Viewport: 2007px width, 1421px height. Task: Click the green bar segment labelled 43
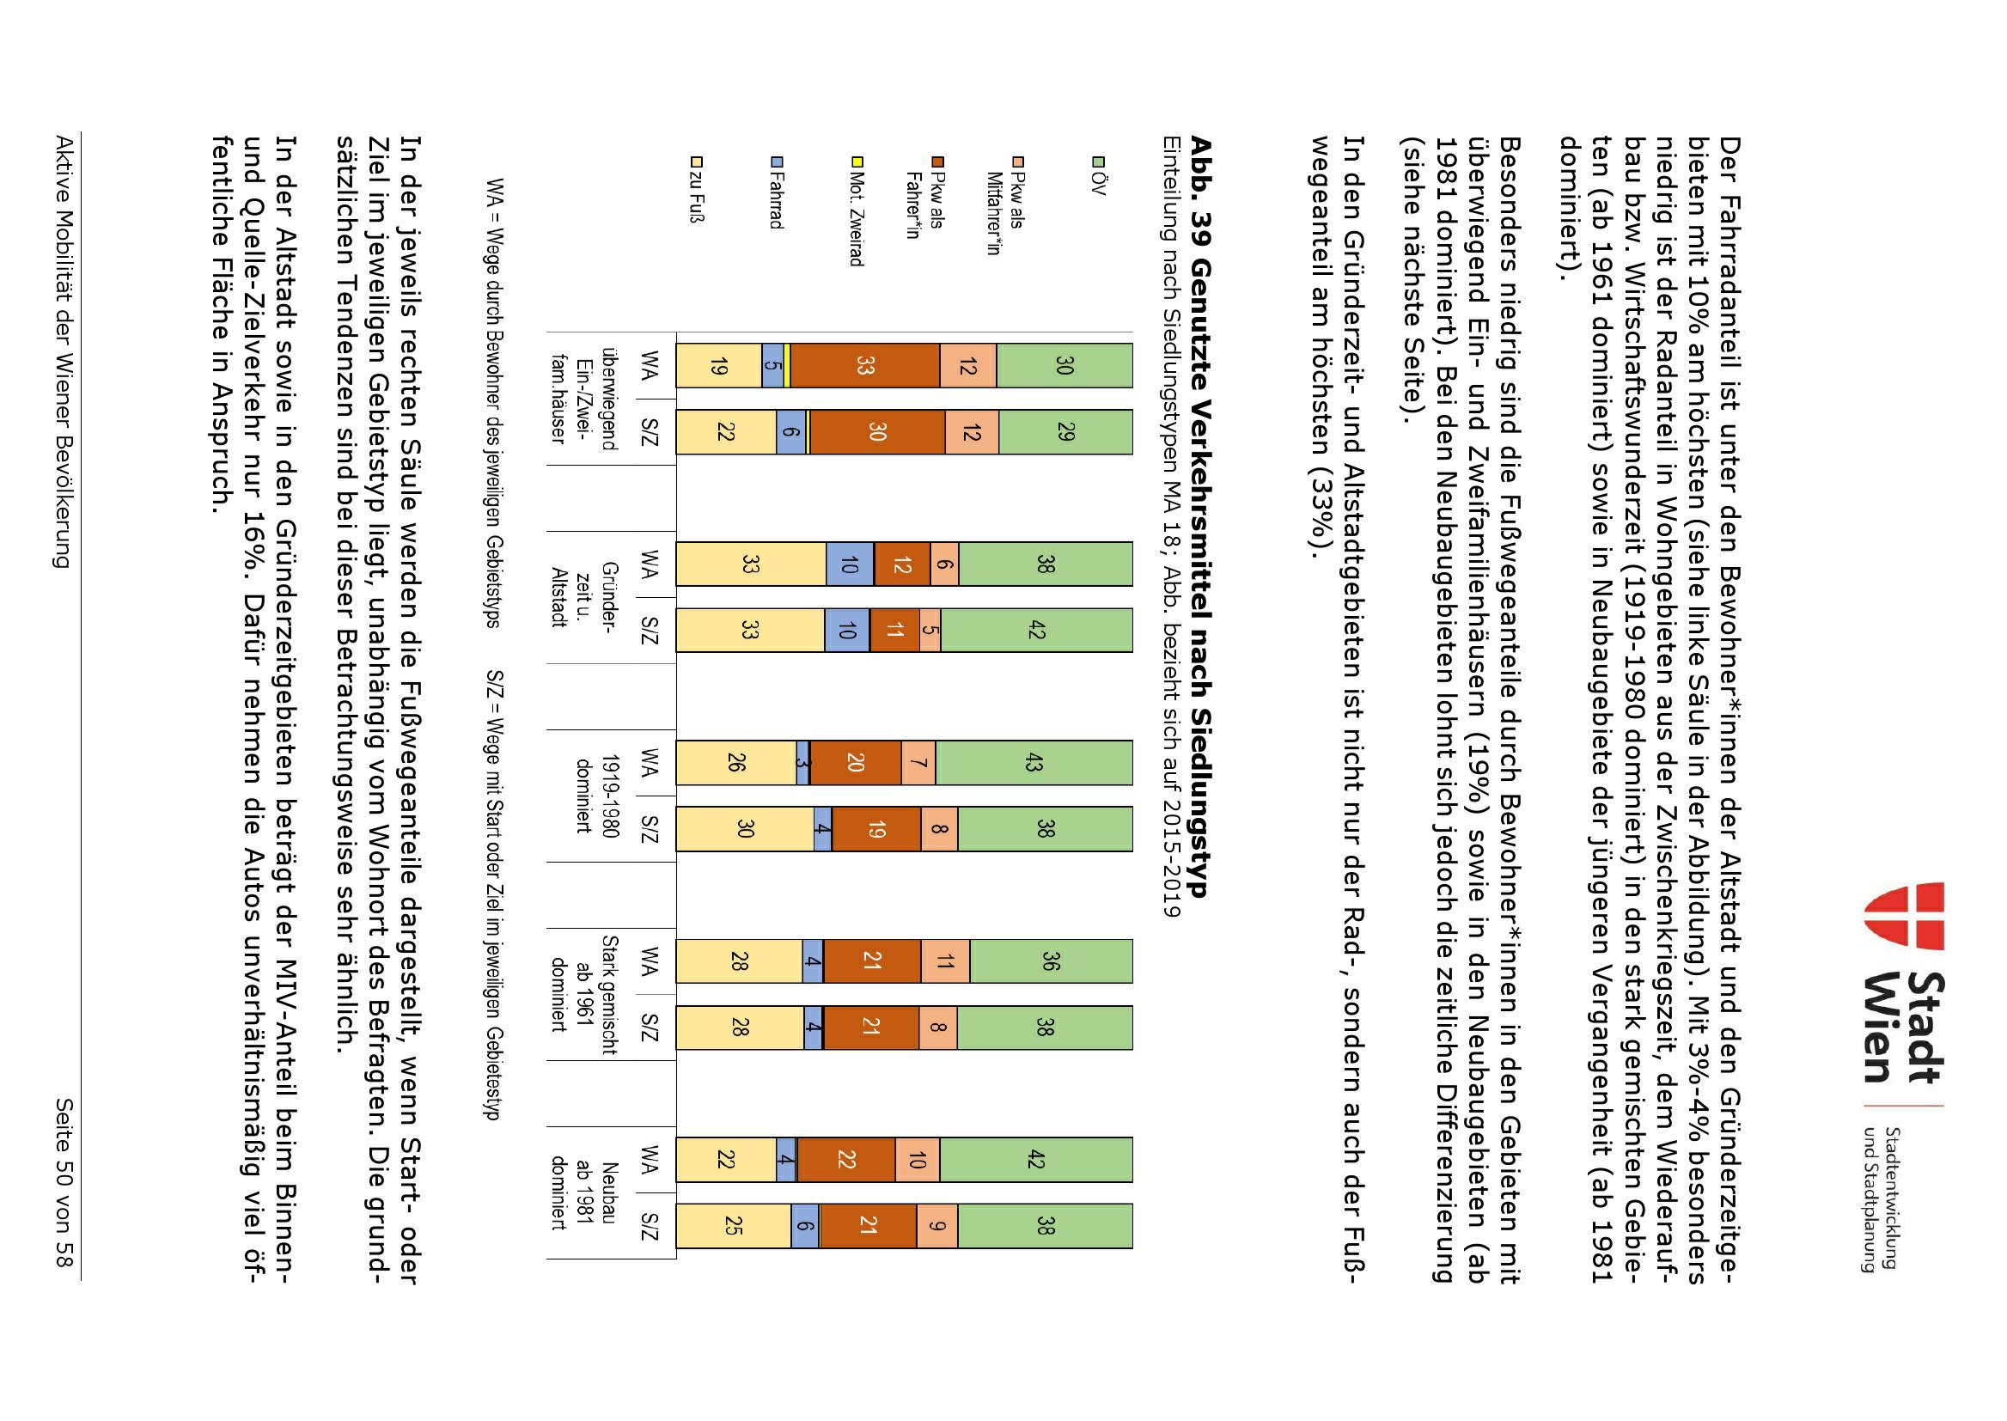[1034, 763]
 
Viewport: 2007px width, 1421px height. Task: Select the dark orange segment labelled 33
[864, 366]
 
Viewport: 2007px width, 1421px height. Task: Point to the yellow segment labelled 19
[718, 366]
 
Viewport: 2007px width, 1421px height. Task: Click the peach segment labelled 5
[930, 630]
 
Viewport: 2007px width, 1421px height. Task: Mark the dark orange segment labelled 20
[855, 763]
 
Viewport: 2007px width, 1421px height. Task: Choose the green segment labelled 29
[1065, 432]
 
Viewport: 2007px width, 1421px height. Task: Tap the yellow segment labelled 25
[733, 1225]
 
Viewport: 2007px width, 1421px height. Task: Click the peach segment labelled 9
[936, 1225]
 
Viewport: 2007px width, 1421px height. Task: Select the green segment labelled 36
[1051, 961]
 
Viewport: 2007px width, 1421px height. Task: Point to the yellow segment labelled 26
[735, 763]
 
